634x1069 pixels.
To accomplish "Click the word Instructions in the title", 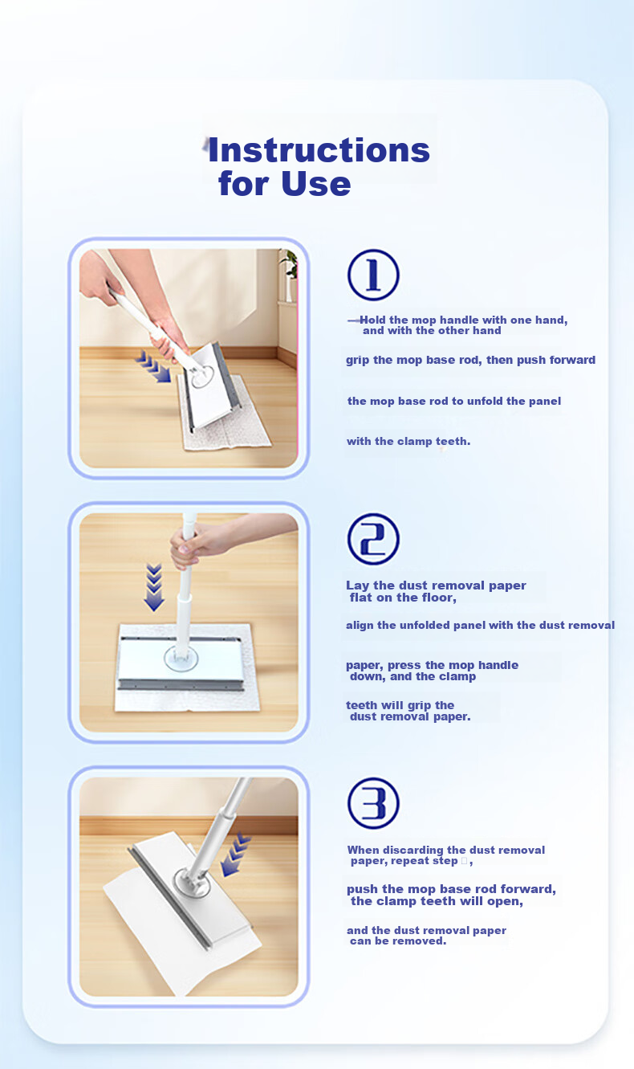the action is point(319,150).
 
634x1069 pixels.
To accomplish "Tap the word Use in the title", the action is point(316,184).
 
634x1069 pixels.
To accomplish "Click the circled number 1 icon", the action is point(373,275).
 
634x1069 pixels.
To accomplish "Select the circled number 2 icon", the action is point(373,539).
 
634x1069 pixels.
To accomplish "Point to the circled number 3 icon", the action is point(373,803).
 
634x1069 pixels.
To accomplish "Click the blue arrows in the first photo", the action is point(153,366).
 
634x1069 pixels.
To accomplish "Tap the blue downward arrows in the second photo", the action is point(154,587).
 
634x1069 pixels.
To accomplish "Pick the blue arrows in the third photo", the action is point(235,855).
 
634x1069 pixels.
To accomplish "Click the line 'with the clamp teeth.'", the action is point(408,442).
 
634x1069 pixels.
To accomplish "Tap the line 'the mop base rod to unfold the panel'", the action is point(454,401).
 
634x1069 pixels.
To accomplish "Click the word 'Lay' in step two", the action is point(357,586).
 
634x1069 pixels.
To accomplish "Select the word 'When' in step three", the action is point(364,850).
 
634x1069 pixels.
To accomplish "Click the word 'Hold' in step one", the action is point(372,320).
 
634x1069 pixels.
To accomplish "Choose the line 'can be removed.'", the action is point(398,941).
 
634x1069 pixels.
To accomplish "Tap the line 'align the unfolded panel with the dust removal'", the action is point(481,625).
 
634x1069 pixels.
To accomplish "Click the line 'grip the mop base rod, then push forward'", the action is point(471,360).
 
